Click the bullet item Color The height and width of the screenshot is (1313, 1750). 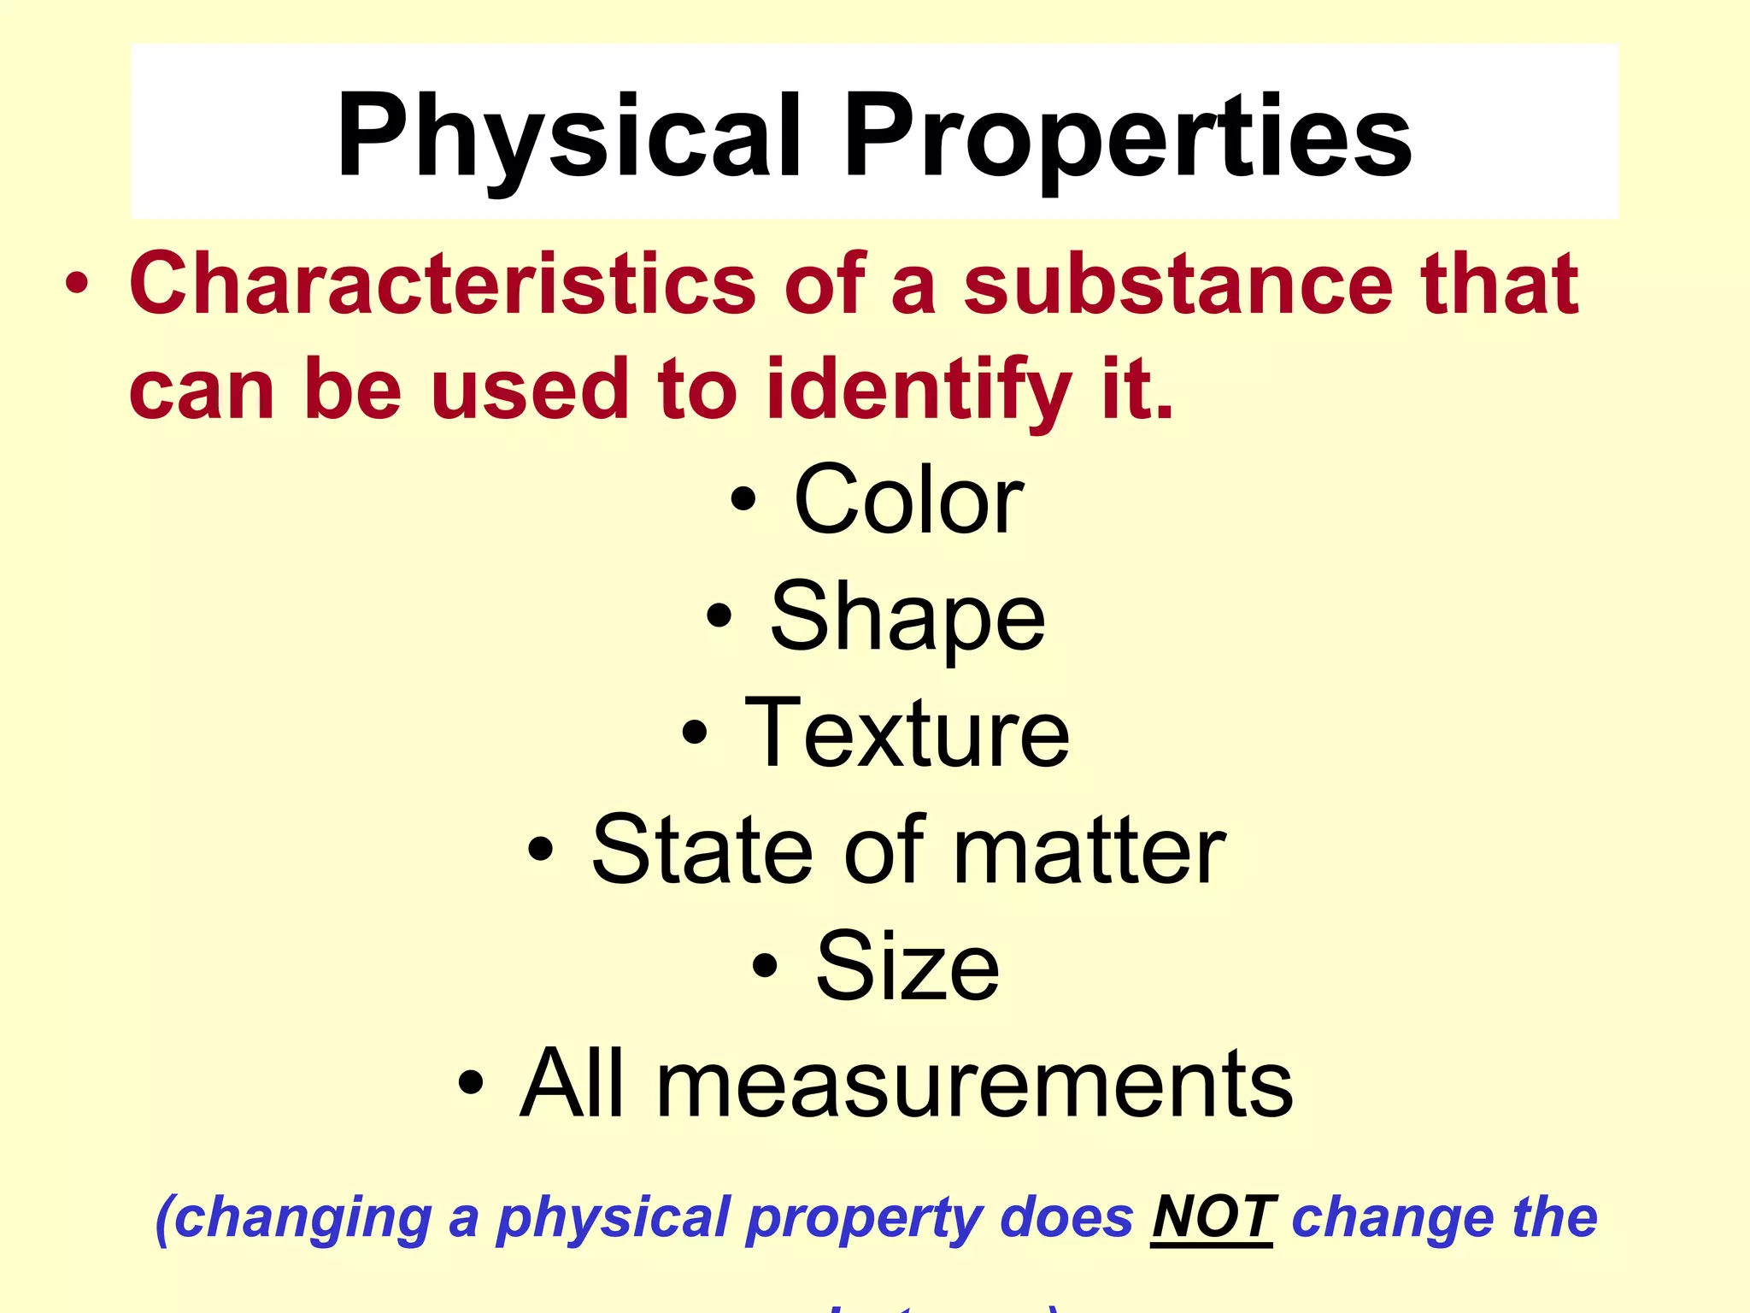907,500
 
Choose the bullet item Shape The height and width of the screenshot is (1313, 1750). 907,617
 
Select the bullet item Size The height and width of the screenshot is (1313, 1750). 907,967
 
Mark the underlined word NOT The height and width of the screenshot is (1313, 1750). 1212,1217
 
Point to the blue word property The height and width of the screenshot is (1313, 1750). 863,1219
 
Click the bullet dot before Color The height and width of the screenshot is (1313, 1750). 743,500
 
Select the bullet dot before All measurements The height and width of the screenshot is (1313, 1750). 471,1084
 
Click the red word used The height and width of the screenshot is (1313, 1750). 530,389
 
